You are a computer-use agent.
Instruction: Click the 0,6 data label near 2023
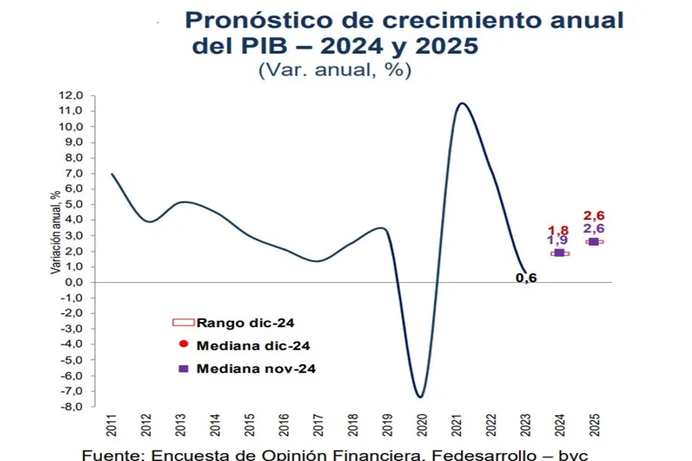[x=525, y=278]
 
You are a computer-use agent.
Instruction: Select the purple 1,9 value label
[x=559, y=240]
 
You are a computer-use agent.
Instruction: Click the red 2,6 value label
[x=593, y=215]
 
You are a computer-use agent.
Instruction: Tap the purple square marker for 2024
[x=559, y=253]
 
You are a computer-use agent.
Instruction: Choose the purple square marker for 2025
[x=593, y=241]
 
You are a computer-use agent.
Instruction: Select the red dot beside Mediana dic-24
[x=183, y=344]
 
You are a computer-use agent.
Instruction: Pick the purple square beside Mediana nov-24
[x=183, y=368]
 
